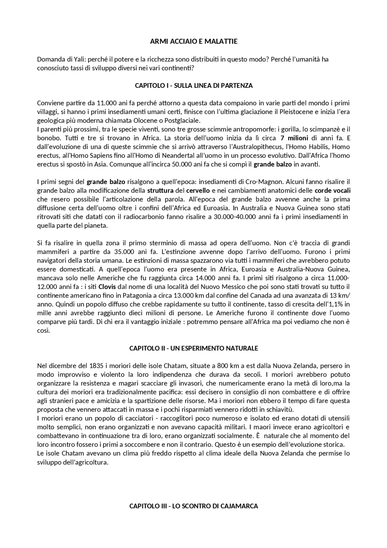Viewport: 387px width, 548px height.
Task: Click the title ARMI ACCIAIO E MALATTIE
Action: [193, 41]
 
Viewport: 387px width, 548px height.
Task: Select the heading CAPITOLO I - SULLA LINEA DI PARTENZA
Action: [193, 86]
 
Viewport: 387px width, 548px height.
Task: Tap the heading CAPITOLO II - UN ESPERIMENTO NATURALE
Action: [193, 348]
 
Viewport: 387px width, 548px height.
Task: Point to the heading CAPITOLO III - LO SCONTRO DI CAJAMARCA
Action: [193, 506]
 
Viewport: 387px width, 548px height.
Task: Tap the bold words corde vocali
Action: [332, 191]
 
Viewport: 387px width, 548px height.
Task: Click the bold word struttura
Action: [160, 191]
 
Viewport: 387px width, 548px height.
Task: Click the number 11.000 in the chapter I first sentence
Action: [107, 103]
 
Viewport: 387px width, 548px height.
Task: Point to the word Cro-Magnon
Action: [266, 182]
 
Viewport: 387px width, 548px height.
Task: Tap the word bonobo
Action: [46, 138]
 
